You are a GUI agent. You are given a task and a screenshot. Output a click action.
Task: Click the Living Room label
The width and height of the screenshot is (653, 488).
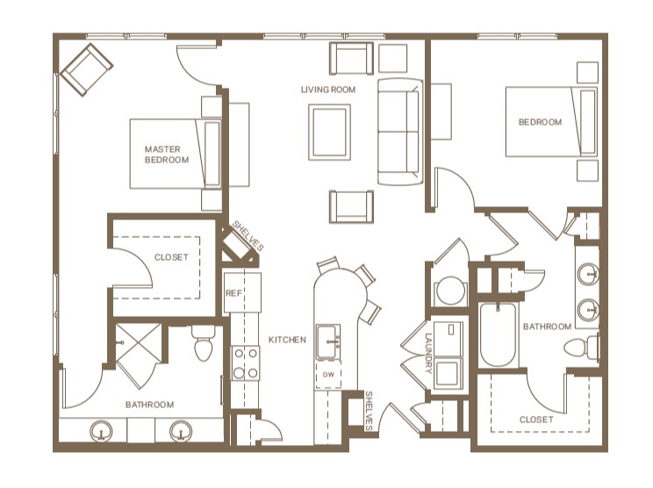pyautogui.click(x=328, y=90)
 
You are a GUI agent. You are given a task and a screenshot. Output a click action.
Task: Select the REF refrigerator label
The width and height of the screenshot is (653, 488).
pyautogui.click(x=233, y=294)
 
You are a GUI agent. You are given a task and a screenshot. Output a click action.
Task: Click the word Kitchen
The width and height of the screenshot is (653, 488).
pyautogui.click(x=287, y=340)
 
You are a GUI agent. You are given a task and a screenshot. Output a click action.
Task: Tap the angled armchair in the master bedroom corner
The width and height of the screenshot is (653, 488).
pyautogui.click(x=86, y=68)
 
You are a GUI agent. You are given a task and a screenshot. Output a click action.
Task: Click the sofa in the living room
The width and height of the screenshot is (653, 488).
pyautogui.click(x=399, y=132)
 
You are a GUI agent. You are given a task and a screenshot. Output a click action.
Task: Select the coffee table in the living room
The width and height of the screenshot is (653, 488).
pyautogui.click(x=329, y=133)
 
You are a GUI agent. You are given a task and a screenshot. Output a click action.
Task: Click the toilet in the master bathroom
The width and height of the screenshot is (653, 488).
pyautogui.click(x=204, y=346)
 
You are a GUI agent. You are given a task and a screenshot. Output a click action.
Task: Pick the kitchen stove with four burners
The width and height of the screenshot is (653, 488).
pyautogui.click(x=245, y=362)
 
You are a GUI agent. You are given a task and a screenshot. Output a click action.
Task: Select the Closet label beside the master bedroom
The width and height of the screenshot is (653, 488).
pyautogui.click(x=170, y=257)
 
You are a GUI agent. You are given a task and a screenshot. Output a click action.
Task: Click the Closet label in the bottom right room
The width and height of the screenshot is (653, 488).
pyautogui.click(x=536, y=420)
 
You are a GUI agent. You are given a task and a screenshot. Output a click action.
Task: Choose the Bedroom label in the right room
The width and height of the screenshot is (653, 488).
pyautogui.click(x=541, y=122)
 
